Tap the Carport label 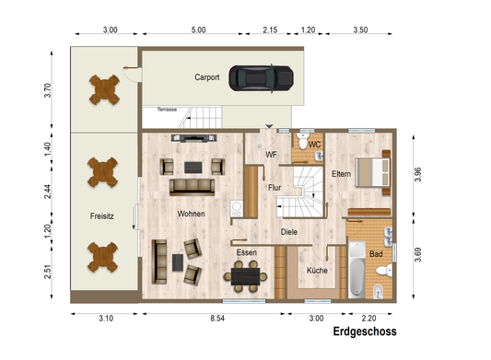click(207, 78)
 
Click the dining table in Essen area click(246, 273)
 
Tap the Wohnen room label click(192, 213)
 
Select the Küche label click(318, 271)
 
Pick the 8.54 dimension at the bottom click(217, 318)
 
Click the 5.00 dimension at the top click(198, 30)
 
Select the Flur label click(274, 187)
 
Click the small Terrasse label click(167, 109)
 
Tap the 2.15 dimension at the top click(270, 30)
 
